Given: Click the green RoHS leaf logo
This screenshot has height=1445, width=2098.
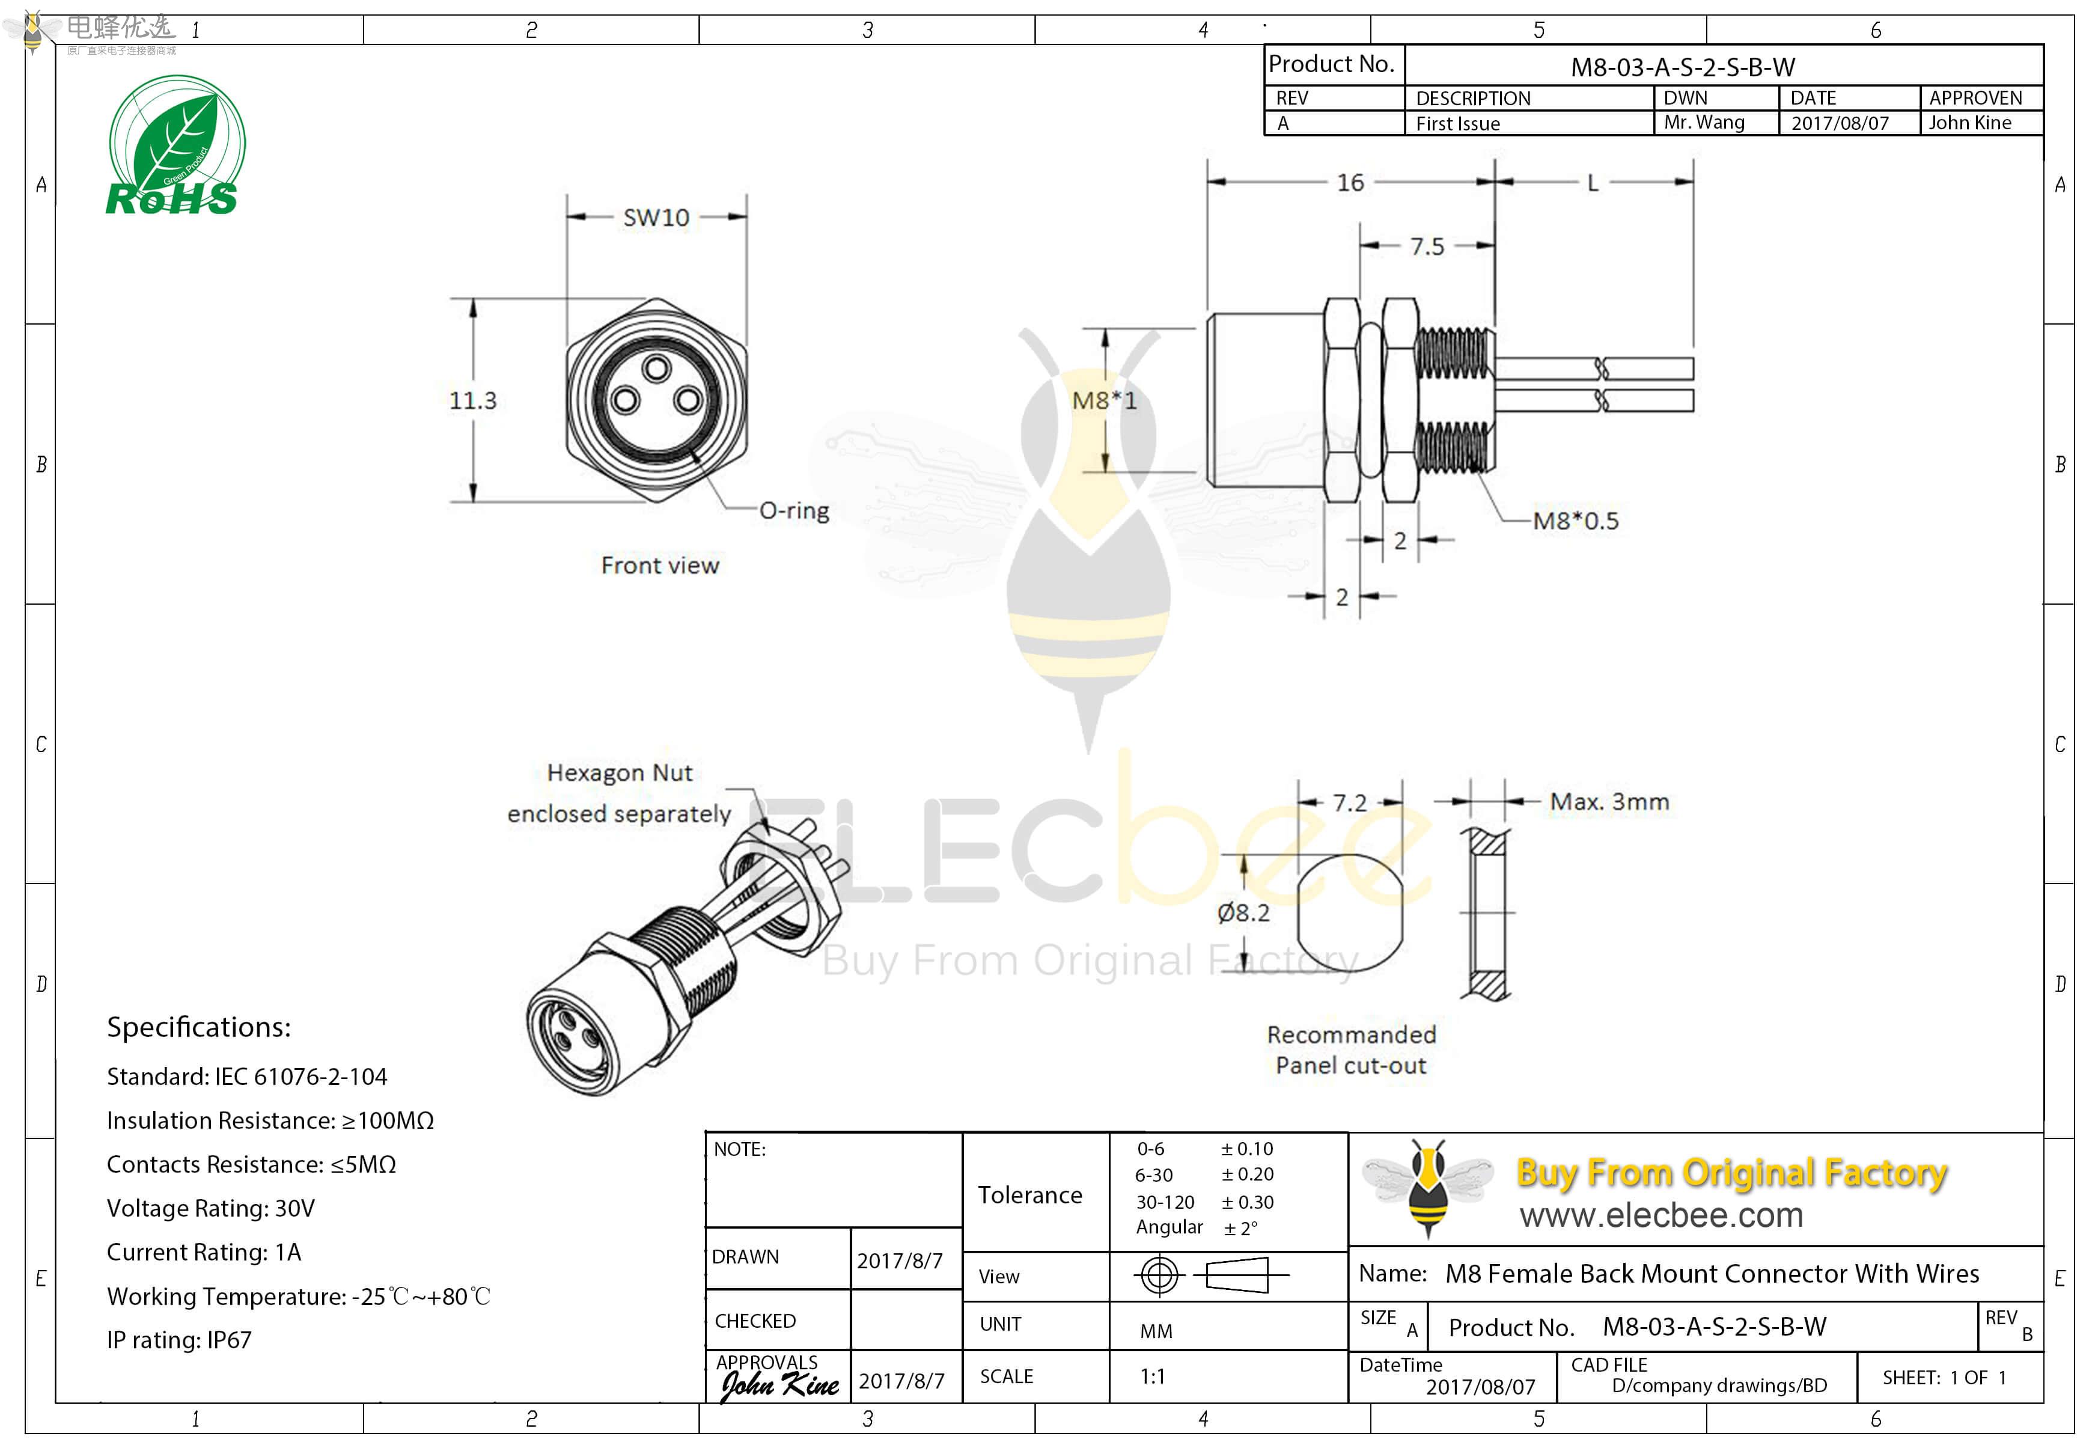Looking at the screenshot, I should (175, 145).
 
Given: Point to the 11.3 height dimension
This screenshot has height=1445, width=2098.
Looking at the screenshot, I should (472, 400).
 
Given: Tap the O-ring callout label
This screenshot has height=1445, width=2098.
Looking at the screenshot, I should (794, 511).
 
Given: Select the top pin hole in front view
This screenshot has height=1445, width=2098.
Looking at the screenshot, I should (656, 368).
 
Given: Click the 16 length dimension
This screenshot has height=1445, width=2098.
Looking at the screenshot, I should (1350, 183).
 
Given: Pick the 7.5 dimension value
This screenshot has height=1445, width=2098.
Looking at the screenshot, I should (1427, 246).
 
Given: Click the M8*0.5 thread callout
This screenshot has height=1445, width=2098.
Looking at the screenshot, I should (1575, 521).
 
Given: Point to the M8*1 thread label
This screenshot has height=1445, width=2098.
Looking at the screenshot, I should (1104, 400).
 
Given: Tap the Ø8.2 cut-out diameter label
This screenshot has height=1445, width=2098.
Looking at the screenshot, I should (1243, 912).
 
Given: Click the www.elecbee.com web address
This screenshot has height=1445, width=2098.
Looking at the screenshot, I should (1661, 1215).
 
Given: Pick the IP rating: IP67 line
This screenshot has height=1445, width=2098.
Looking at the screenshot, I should (179, 1340).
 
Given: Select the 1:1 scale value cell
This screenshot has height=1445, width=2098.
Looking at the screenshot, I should (1151, 1377).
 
